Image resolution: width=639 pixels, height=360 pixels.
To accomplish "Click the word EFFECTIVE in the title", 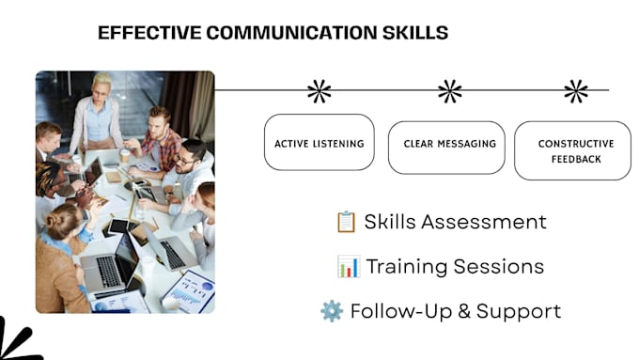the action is (149, 33).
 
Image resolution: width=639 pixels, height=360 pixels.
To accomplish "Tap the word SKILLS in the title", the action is (415, 33).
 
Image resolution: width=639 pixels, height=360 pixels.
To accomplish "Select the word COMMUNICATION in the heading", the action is (292, 33).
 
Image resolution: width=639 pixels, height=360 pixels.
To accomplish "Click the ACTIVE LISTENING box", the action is (319, 142).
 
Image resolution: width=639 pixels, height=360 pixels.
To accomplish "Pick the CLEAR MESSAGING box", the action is (446, 148).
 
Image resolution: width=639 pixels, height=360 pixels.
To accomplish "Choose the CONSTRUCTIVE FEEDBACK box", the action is (572, 150).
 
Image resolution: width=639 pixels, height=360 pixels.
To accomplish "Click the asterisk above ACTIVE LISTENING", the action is (319, 91).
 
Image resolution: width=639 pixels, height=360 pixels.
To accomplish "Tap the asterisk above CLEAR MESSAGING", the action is (450, 91).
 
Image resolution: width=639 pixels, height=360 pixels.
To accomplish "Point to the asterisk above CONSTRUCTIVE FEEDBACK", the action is (576, 91).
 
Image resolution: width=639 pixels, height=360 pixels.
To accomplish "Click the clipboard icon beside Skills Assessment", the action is (347, 222).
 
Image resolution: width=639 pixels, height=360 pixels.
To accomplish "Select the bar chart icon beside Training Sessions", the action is (349, 266).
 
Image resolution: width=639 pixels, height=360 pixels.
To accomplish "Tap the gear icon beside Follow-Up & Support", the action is (332, 311).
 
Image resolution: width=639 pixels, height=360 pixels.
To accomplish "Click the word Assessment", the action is (484, 222).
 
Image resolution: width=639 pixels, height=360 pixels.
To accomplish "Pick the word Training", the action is (407, 267).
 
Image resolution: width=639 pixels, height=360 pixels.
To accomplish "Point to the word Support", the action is (519, 312).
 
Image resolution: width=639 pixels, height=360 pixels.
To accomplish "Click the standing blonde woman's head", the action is (101, 86).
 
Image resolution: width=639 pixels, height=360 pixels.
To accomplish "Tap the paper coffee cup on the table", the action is (125, 156).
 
